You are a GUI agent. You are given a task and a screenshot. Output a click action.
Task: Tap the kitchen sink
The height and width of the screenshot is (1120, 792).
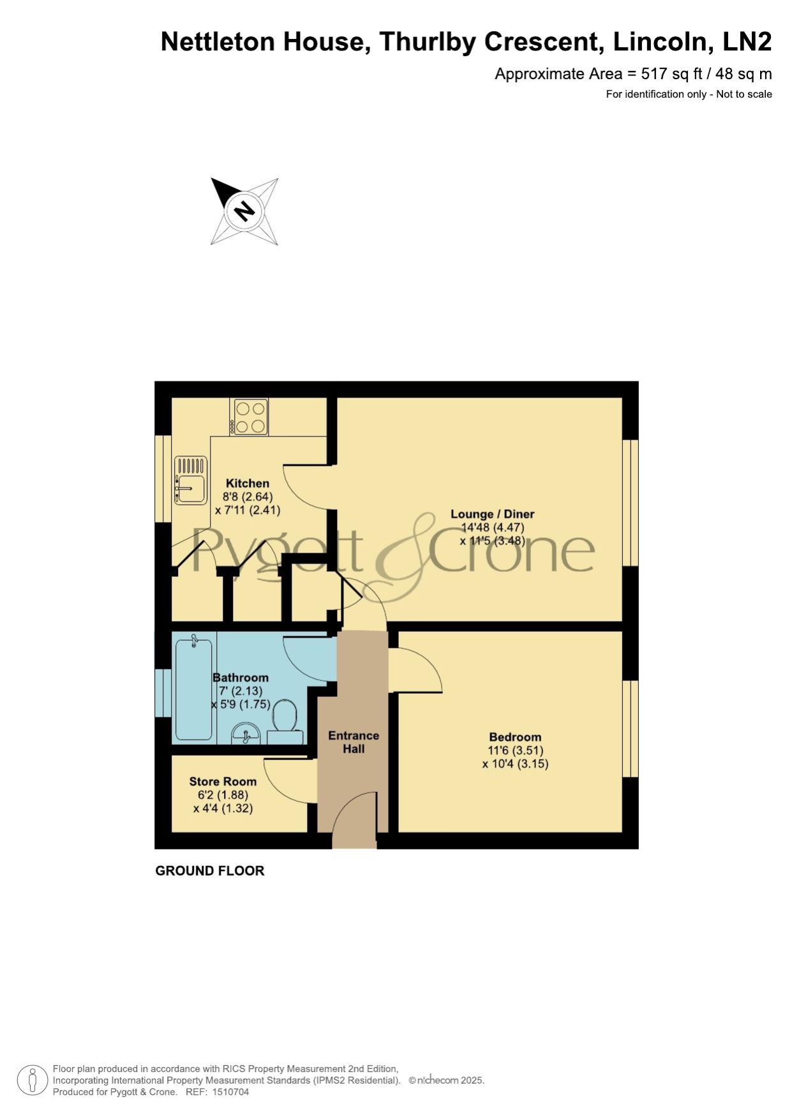[x=190, y=481]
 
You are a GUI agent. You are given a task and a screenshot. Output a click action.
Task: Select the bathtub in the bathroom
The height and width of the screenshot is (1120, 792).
[x=194, y=689]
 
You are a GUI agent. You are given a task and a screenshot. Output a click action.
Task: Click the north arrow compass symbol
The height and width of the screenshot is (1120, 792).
[x=244, y=211]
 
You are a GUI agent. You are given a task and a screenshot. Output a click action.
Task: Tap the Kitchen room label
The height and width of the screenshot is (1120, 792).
[x=248, y=484]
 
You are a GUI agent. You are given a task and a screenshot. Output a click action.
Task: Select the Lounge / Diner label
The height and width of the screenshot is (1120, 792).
[x=493, y=514]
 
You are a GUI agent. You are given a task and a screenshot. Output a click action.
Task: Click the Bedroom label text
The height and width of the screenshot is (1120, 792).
[x=515, y=737]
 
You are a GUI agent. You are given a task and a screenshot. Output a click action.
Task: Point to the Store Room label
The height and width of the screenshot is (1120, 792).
[x=223, y=782]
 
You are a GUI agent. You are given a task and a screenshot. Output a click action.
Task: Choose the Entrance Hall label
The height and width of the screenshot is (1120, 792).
[x=354, y=742]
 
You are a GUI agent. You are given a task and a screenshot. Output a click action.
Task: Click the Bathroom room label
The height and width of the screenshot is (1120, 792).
[x=241, y=678]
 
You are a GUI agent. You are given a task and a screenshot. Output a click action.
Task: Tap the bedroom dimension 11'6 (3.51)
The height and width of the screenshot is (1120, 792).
[x=516, y=751]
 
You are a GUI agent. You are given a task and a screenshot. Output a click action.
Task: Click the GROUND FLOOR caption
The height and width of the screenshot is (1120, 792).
[x=210, y=871]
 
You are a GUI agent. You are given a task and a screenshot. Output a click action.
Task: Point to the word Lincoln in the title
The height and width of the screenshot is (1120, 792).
[x=662, y=42]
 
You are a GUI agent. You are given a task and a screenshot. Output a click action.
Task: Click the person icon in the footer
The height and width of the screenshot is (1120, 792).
[x=32, y=1080]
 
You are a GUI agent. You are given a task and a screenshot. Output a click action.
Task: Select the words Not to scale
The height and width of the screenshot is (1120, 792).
[x=744, y=94]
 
